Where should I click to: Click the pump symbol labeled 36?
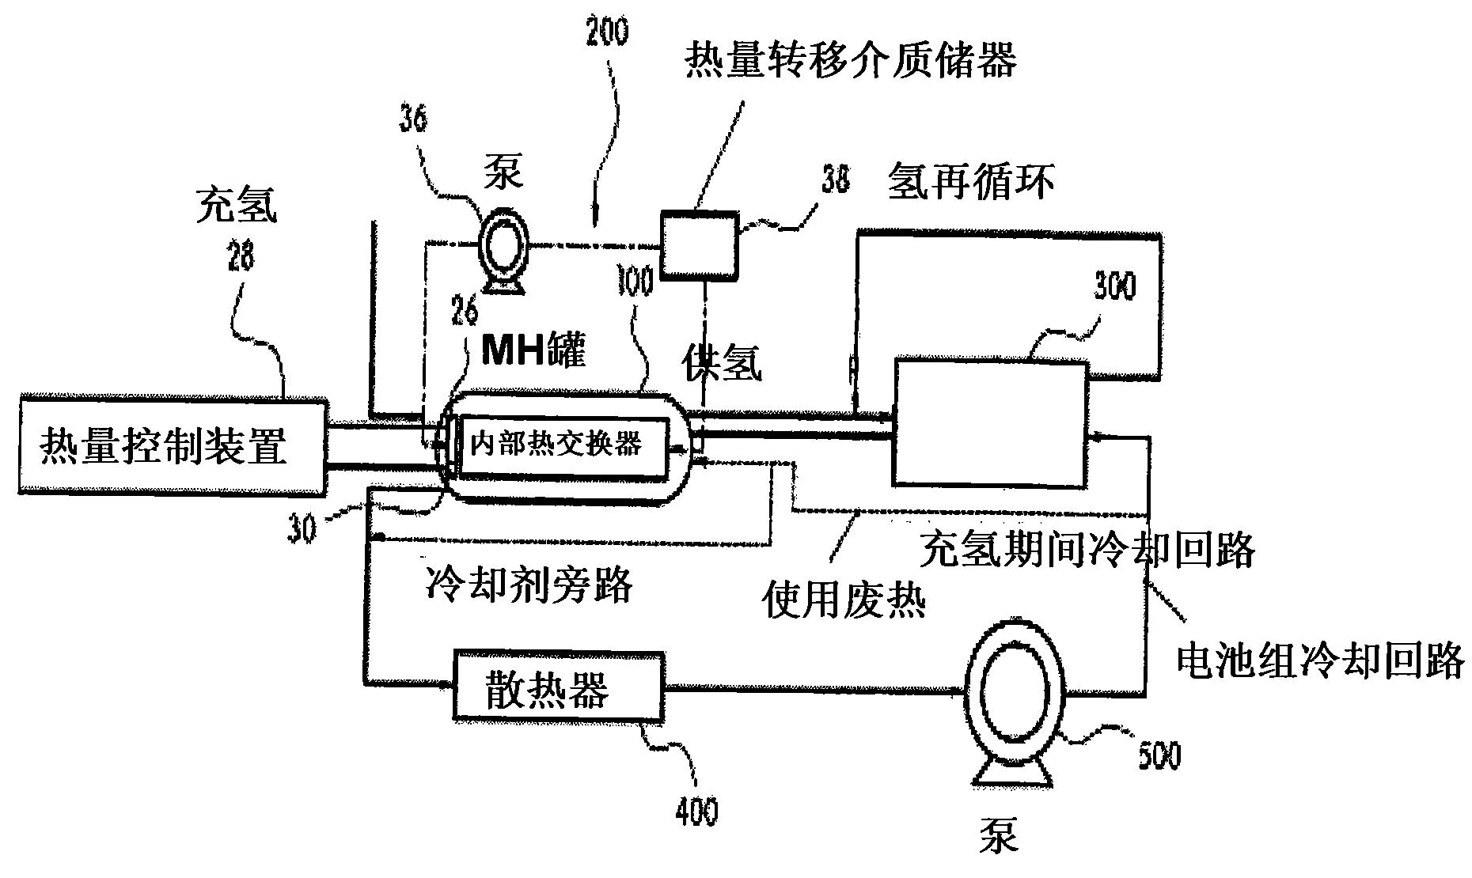click(x=501, y=252)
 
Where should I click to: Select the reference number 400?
click(x=697, y=812)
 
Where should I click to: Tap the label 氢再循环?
click(x=971, y=182)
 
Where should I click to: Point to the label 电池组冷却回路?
click(x=1319, y=658)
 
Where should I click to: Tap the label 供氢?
click(x=722, y=364)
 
